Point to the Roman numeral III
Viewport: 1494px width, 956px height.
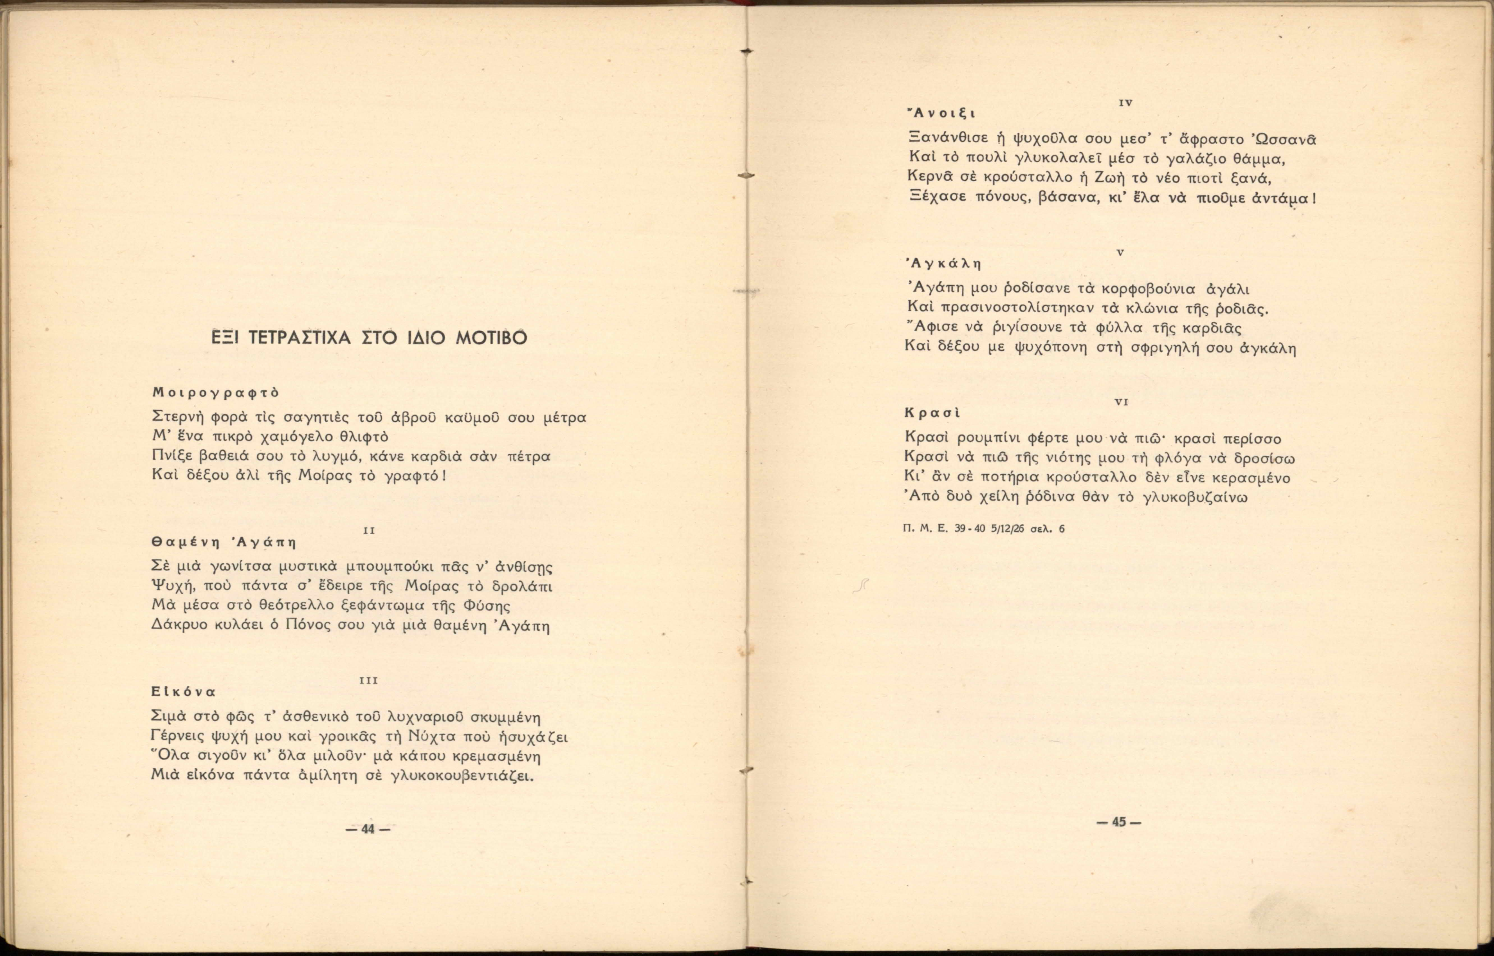click(x=369, y=680)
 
